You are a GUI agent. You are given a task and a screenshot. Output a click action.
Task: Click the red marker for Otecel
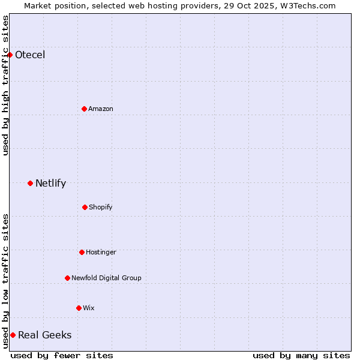(x=10, y=55)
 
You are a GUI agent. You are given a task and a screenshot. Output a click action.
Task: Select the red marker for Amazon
(x=84, y=109)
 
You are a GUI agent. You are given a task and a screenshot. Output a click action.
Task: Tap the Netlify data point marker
(x=30, y=183)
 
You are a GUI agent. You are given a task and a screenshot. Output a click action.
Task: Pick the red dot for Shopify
(x=85, y=207)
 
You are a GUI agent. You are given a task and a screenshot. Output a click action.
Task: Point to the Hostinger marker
(x=82, y=252)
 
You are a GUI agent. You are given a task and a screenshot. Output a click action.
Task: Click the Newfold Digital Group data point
(x=67, y=278)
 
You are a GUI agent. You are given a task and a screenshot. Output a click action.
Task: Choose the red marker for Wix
(x=79, y=308)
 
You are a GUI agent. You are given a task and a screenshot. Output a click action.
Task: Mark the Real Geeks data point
(x=13, y=335)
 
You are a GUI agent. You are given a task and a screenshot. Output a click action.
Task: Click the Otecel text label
(x=30, y=55)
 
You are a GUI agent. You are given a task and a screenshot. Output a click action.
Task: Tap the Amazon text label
(x=101, y=109)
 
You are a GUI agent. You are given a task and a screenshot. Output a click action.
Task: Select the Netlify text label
(x=50, y=184)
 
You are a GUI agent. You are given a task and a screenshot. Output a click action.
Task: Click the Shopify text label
(x=101, y=207)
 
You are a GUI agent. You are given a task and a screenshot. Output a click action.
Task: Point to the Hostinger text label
(x=101, y=252)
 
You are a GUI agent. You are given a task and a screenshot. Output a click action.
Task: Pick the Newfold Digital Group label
(x=106, y=278)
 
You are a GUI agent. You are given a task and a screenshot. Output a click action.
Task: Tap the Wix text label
(x=89, y=308)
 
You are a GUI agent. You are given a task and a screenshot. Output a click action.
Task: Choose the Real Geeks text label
(x=45, y=335)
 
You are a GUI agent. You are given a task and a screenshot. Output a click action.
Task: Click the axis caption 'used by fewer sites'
(x=62, y=355)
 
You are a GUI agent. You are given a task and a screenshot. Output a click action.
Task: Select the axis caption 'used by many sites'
(x=301, y=355)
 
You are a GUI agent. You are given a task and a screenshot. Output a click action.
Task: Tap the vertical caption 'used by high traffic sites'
(x=5, y=85)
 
